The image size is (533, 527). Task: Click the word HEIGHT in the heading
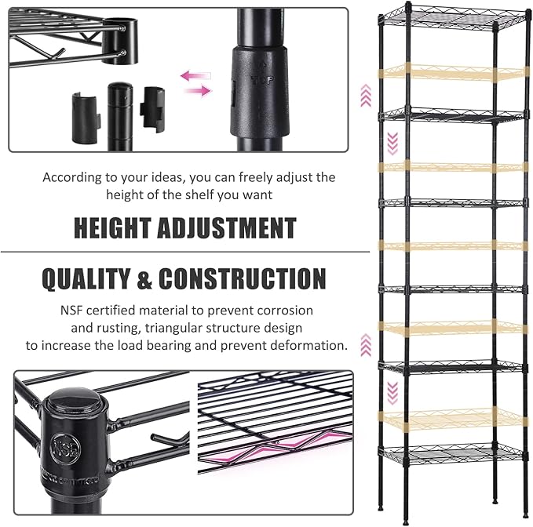tap(112, 228)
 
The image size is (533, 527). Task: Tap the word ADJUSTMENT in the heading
tap(226, 228)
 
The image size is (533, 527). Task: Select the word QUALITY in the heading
tap(86, 278)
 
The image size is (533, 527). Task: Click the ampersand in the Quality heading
tap(144, 278)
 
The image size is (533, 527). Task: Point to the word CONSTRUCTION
tap(243, 278)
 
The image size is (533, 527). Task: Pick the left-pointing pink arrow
tap(195, 76)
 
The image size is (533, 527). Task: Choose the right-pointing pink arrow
tap(199, 90)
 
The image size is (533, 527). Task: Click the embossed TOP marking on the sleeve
tap(262, 80)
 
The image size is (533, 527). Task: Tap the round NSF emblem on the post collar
tap(66, 449)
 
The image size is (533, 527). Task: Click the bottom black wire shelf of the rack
tap(452, 455)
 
